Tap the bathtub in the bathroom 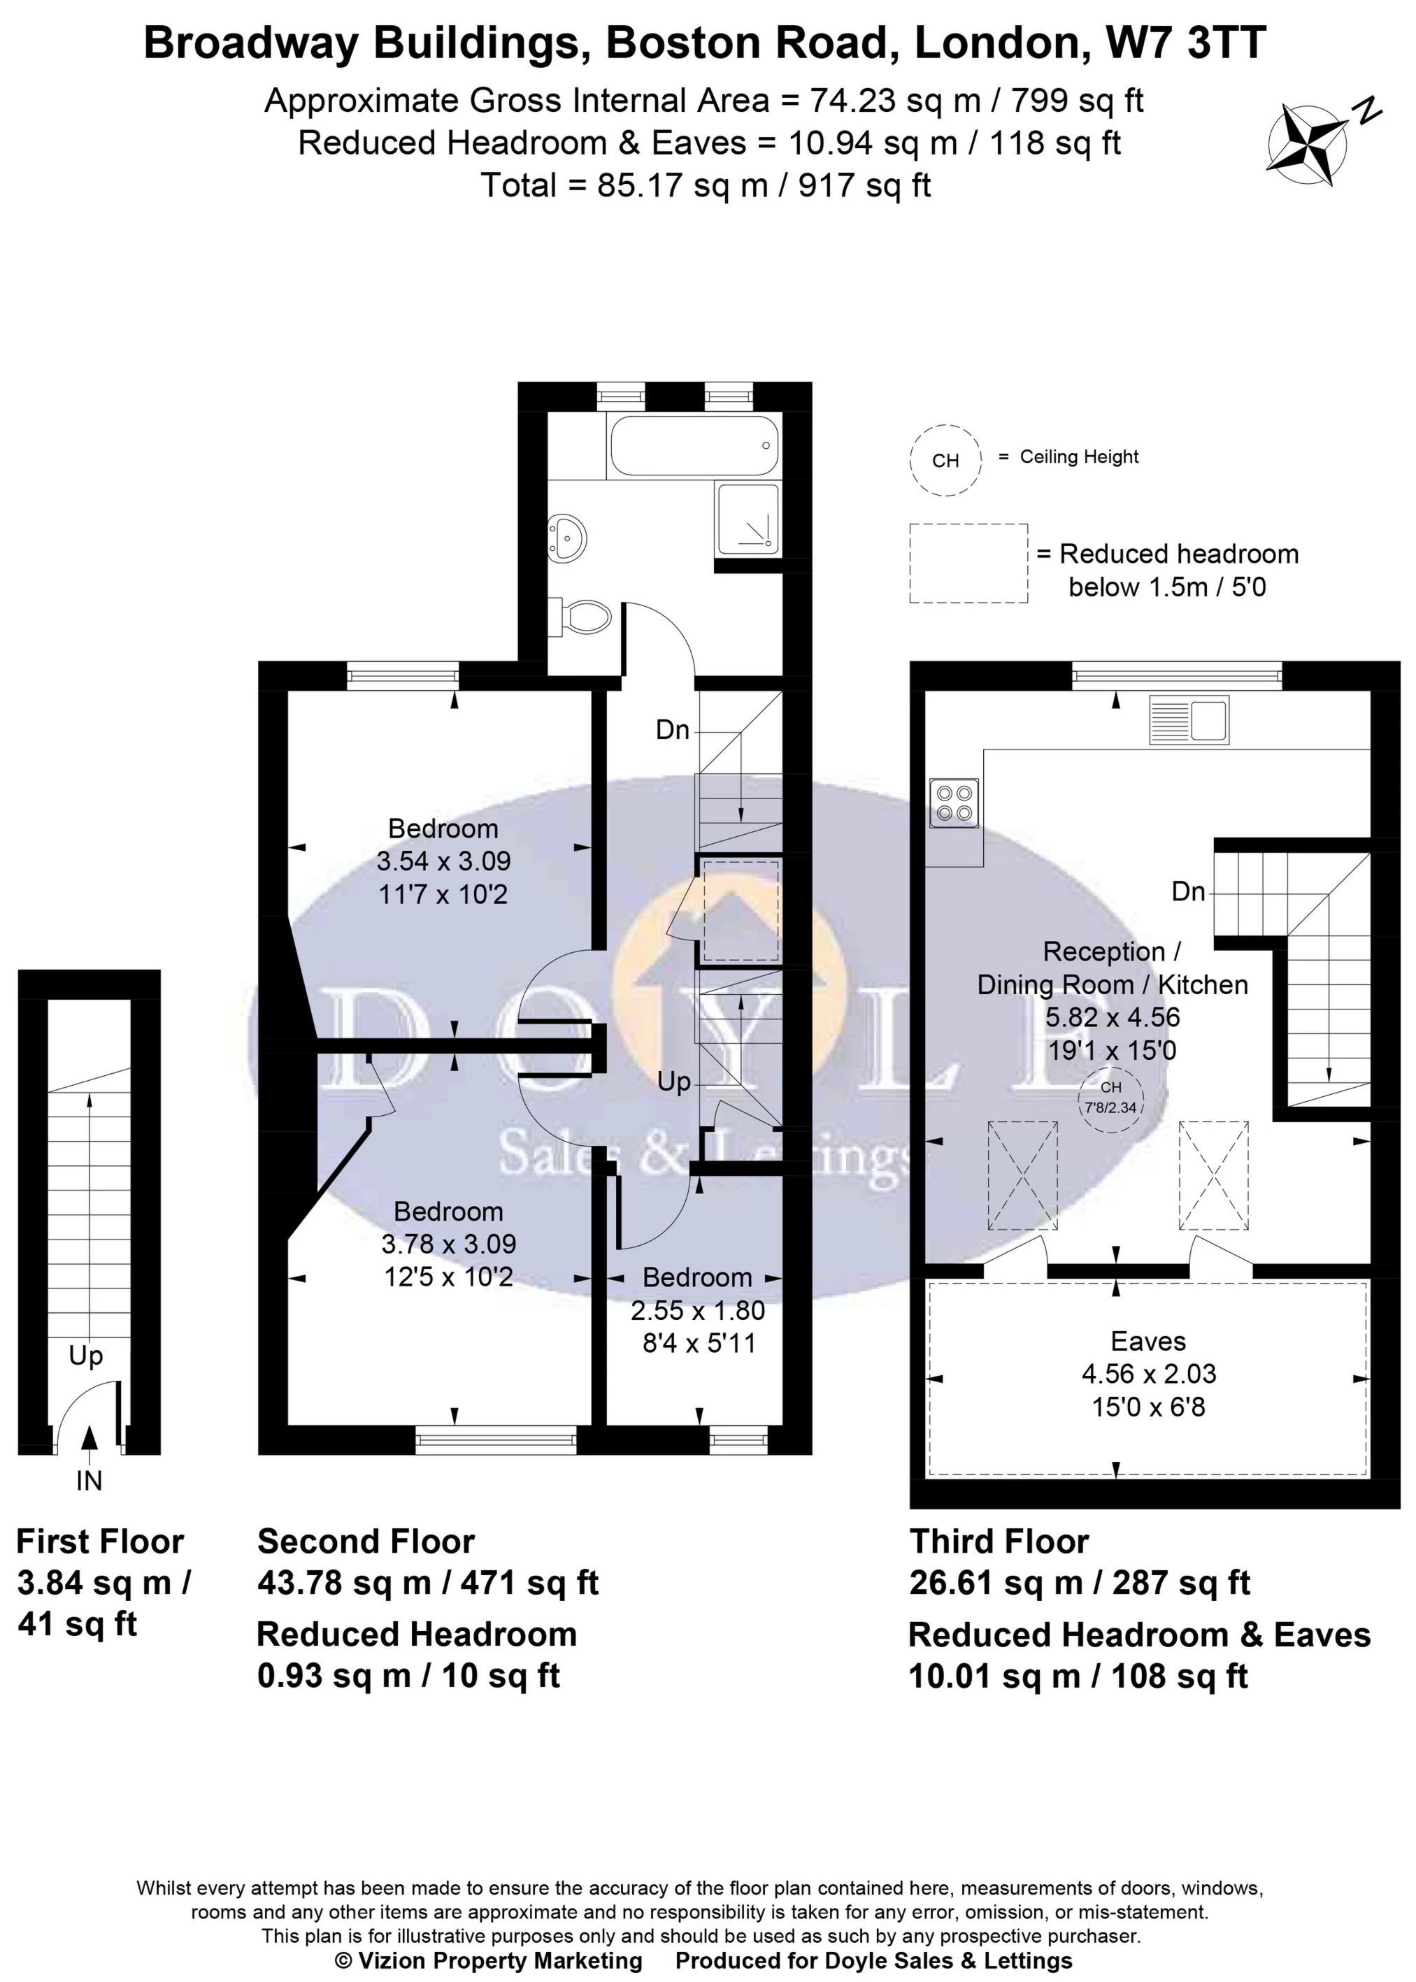(x=694, y=446)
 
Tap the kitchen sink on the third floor (x=1189, y=720)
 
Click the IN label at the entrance (x=89, y=1480)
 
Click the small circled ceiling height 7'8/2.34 (x=1111, y=1103)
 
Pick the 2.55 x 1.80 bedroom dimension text (x=698, y=1310)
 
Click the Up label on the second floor (x=673, y=1082)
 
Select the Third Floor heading (x=999, y=1542)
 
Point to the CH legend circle (x=945, y=460)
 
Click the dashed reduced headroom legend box (x=968, y=563)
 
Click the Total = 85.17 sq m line (x=706, y=185)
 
